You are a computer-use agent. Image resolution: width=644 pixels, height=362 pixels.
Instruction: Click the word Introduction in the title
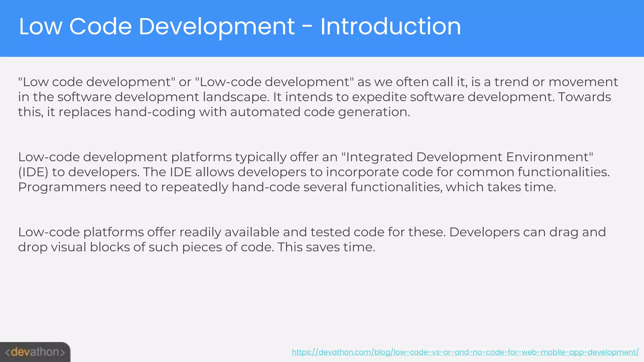pos(391,26)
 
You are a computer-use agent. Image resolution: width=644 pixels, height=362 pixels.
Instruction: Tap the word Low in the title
pos(41,26)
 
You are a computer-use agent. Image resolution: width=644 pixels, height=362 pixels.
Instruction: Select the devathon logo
pos(35,352)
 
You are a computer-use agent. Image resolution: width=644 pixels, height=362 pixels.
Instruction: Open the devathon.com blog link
pos(465,352)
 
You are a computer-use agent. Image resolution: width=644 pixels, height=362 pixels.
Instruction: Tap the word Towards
pos(584,97)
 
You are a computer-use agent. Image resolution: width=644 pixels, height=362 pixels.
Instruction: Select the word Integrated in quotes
pos(379,157)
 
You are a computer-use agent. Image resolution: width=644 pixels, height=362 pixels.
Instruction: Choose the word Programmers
pos(62,187)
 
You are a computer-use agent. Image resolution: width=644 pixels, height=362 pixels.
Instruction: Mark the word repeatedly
pos(195,187)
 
